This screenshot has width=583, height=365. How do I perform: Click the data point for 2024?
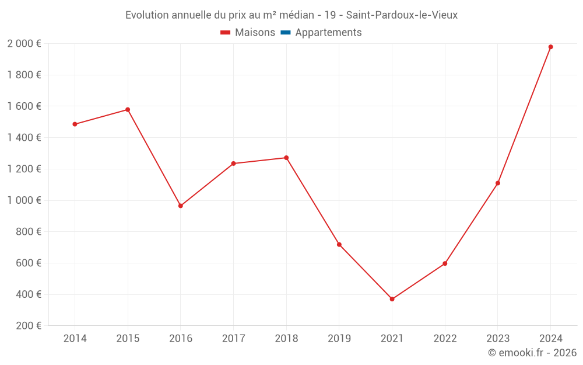click(550, 47)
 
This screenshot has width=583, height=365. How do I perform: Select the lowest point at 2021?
click(392, 299)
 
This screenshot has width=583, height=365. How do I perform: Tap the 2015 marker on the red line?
click(128, 110)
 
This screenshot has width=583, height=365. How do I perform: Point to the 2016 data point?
click(181, 206)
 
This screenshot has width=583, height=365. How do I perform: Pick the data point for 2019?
click(339, 244)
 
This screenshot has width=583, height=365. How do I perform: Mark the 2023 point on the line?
click(497, 183)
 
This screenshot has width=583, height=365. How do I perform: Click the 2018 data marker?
click(286, 158)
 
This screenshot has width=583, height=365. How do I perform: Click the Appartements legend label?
click(328, 33)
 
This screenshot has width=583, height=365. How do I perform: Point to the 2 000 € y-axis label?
click(24, 43)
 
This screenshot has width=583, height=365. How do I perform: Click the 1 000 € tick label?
click(24, 200)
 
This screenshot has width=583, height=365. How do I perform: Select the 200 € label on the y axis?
click(27, 326)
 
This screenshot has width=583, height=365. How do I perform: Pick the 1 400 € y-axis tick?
click(24, 137)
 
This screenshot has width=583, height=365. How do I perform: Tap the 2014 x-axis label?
click(75, 338)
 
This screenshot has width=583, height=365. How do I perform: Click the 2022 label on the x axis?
click(445, 338)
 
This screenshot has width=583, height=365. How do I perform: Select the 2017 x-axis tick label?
click(233, 338)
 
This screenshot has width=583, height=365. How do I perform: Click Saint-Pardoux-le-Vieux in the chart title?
click(402, 15)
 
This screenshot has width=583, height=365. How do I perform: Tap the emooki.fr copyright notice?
click(532, 353)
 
